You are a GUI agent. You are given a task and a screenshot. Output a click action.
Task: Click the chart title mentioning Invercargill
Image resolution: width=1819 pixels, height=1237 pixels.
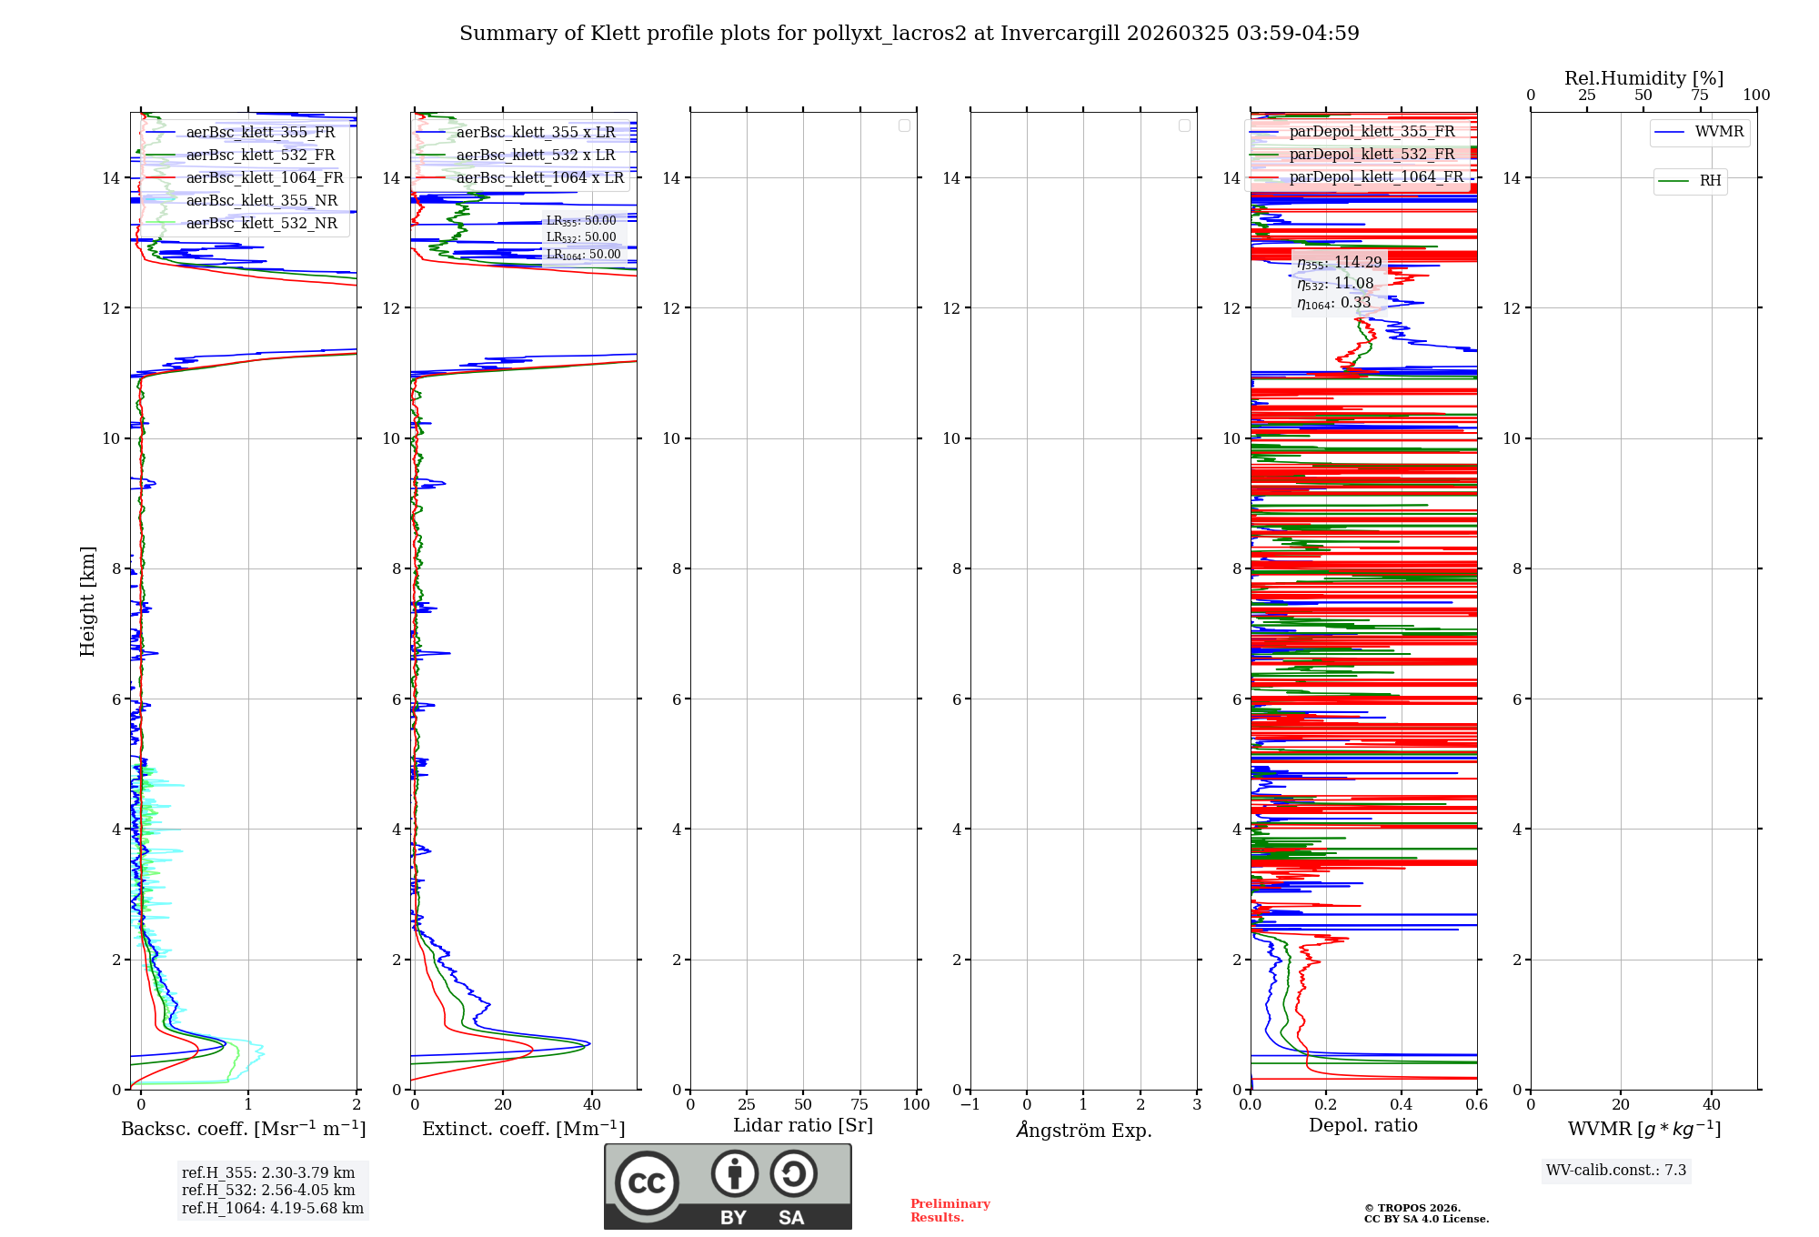click(909, 34)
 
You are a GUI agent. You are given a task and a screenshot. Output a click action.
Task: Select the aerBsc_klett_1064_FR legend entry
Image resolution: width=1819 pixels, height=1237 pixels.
click(264, 177)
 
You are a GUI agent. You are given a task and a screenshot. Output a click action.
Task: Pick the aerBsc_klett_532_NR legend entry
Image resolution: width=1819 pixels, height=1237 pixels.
click(261, 223)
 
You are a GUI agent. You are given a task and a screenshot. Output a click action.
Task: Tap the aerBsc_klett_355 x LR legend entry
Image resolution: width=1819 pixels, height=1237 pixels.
click(536, 132)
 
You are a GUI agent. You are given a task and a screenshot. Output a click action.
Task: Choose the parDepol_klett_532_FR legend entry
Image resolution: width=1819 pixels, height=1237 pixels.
click(1372, 155)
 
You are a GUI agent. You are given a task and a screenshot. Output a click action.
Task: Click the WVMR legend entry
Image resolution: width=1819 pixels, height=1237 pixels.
click(1719, 132)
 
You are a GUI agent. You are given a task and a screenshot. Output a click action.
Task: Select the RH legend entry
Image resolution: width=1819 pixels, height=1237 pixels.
click(1710, 181)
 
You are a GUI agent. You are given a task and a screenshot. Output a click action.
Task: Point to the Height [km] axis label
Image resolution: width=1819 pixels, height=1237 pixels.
click(87, 601)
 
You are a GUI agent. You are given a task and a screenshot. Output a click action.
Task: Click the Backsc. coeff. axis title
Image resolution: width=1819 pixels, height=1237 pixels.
click(243, 1129)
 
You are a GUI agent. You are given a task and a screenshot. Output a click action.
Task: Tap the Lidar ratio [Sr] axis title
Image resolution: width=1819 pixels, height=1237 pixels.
click(802, 1125)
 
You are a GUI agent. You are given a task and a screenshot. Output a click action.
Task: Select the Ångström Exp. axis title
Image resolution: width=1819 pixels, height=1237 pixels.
click(1083, 1130)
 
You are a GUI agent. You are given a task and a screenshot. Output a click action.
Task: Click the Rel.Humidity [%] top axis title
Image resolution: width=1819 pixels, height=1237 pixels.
click(1643, 78)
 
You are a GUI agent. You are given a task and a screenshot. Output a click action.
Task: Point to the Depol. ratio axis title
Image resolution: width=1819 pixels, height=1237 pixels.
click(1362, 1125)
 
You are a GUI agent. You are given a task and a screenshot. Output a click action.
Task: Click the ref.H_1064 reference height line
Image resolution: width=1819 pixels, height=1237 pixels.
click(272, 1208)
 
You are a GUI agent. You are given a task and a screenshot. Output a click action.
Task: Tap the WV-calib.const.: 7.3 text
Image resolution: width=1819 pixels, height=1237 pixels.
click(1615, 1170)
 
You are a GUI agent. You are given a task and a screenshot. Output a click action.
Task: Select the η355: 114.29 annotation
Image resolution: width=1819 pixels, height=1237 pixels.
click(1339, 263)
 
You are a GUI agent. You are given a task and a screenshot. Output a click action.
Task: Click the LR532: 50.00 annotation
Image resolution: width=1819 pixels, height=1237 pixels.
click(581, 237)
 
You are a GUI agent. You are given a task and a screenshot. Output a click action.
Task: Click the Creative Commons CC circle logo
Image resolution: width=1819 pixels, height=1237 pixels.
click(647, 1182)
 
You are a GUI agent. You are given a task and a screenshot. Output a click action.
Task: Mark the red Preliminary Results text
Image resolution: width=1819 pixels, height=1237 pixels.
click(950, 1210)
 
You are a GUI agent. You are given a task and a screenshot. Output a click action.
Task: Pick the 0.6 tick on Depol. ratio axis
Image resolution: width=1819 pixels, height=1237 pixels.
click(1476, 1105)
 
